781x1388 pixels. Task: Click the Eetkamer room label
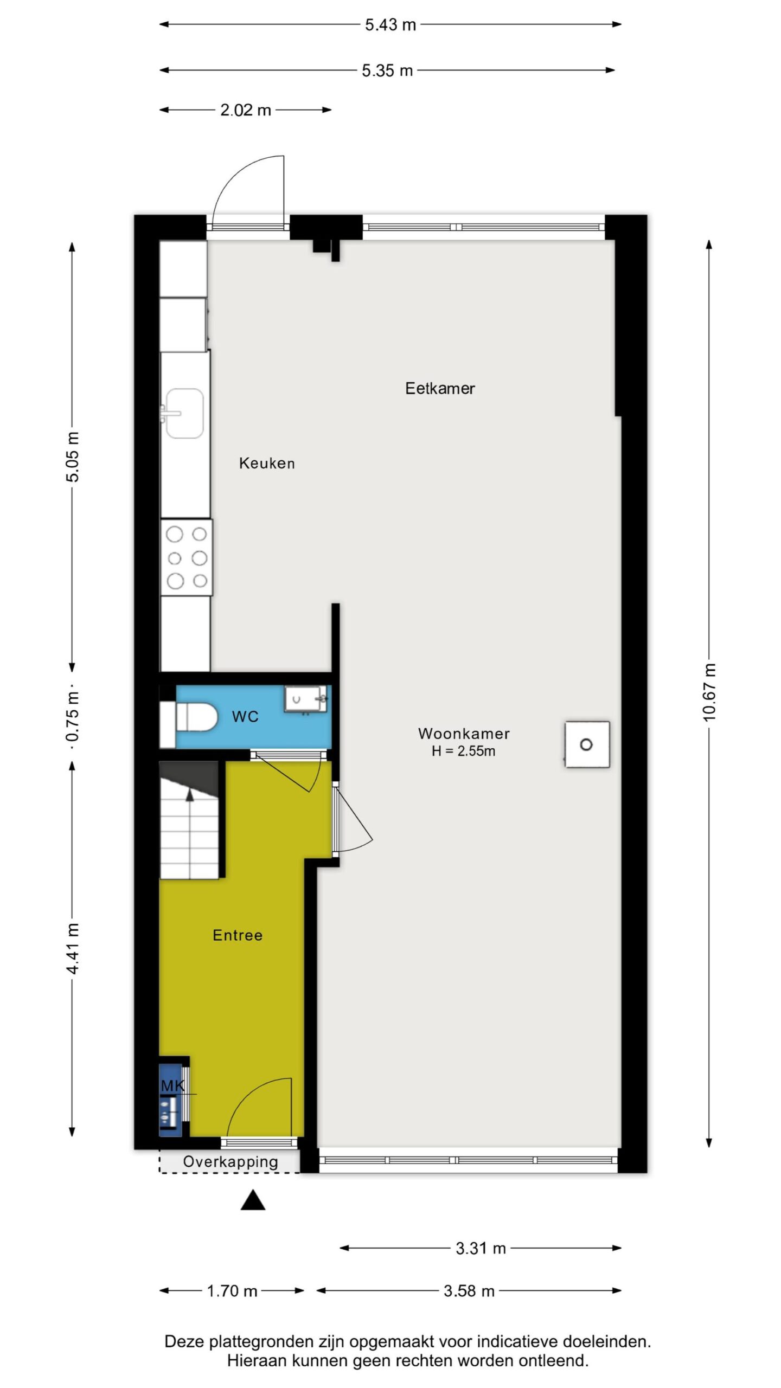[440, 388]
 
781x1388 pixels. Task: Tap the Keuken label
[267, 463]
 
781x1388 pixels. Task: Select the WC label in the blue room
[245, 717]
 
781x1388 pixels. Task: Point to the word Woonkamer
[464, 734]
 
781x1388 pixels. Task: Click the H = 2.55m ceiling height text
[464, 751]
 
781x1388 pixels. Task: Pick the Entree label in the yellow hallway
[238, 935]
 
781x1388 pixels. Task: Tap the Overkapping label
[231, 1162]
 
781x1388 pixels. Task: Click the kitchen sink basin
[184, 413]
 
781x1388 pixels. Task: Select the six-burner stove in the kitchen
[186, 557]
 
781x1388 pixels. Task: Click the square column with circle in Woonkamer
[587, 744]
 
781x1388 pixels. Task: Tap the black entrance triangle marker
[253, 1200]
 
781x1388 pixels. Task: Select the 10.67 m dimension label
[709, 692]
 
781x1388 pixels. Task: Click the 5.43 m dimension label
[390, 25]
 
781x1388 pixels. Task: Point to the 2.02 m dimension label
[246, 110]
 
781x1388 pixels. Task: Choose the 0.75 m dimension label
[73, 717]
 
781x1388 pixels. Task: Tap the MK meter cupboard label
[173, 1086]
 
